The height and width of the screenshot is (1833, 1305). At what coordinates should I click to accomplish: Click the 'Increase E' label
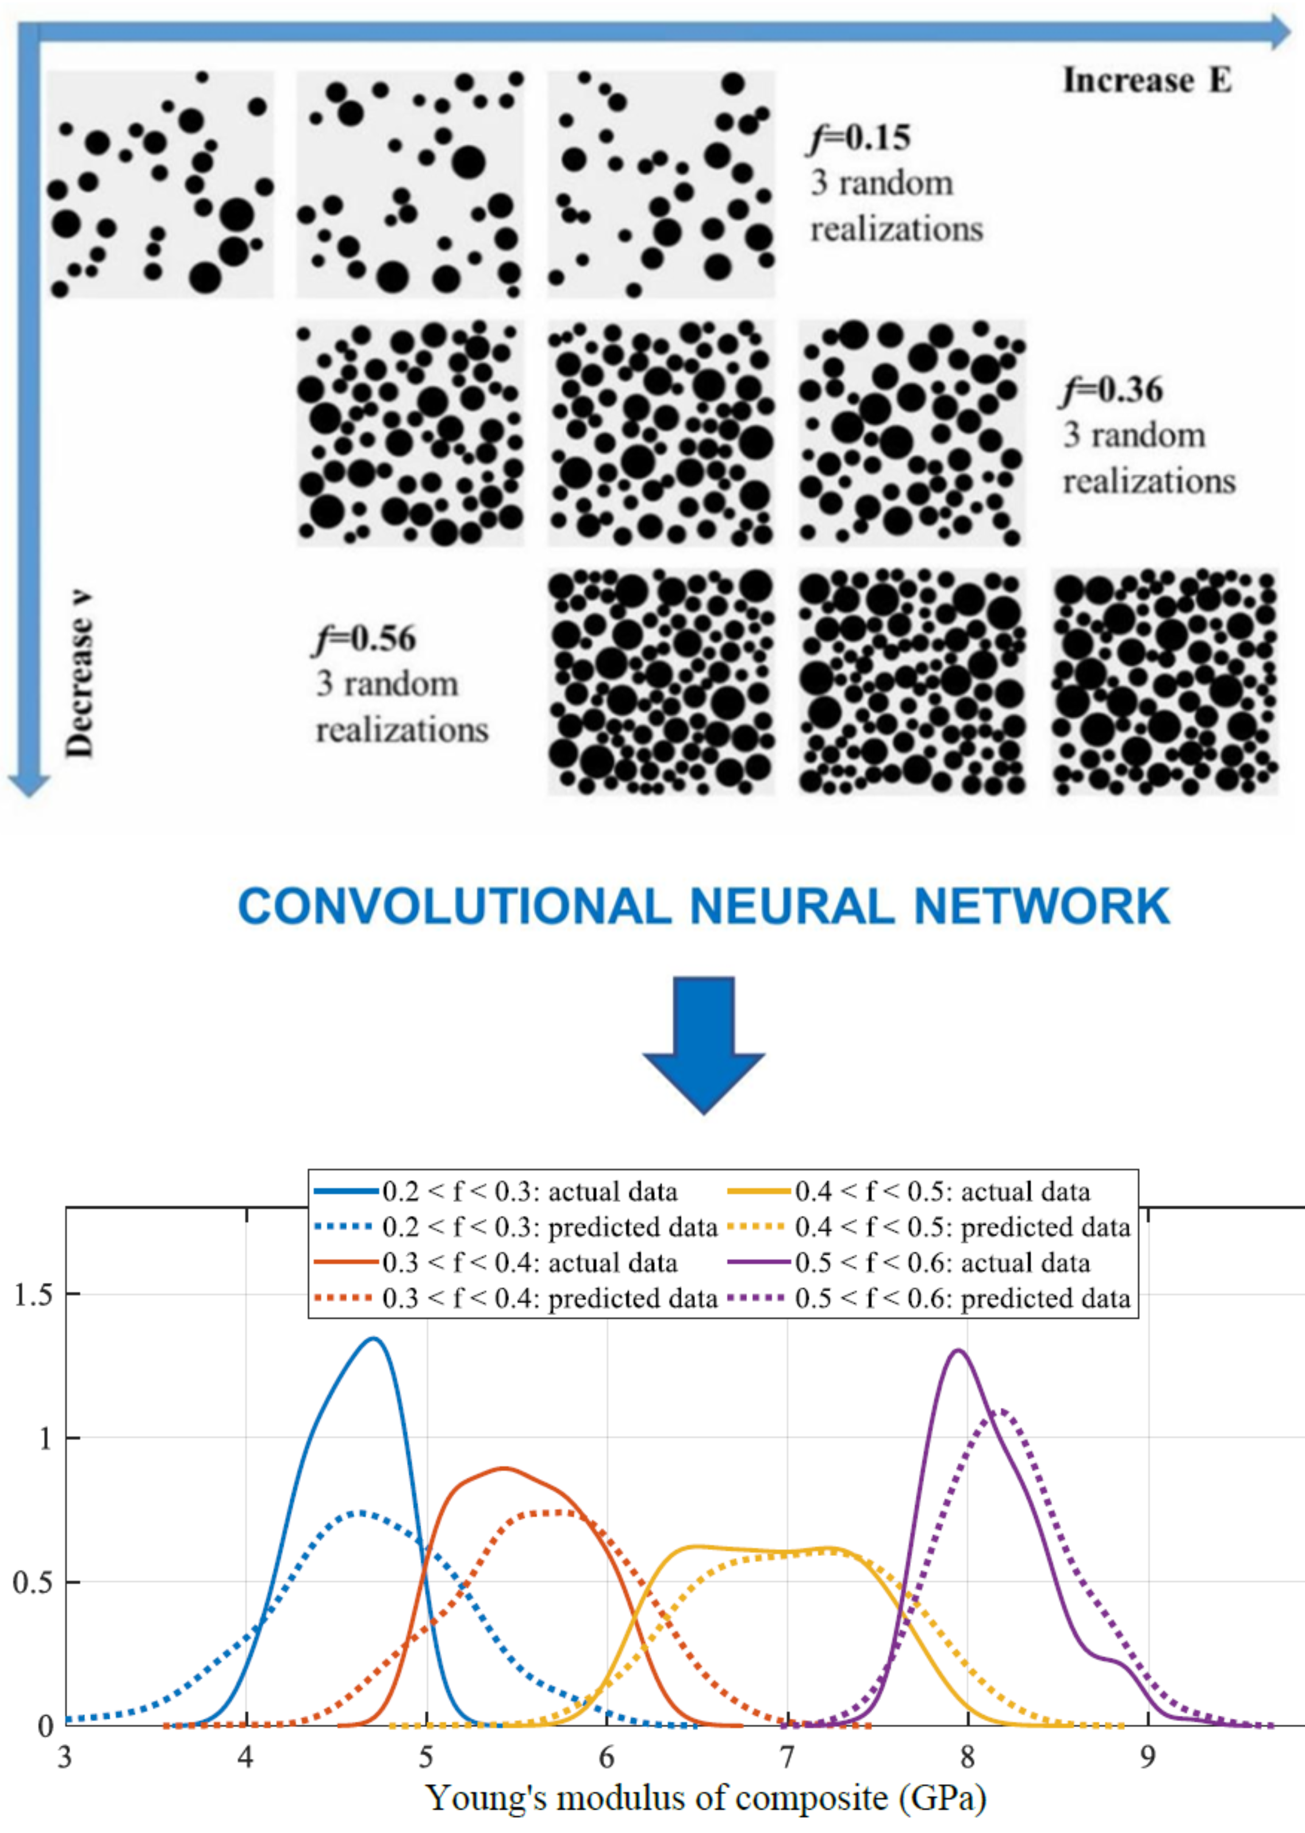pyautogui.click(x=1147, y=80)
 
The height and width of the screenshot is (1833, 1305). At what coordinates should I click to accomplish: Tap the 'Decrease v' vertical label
pyautogui.click(x=79, y=675)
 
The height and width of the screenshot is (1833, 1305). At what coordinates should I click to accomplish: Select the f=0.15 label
pyautogui.click(x=859, y=138)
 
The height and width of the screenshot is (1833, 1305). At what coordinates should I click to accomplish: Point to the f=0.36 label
pyautogui.click(x=1112, y=390)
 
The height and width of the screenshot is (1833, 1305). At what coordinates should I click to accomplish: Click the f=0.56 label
pyautogui.click(x=366, y=639)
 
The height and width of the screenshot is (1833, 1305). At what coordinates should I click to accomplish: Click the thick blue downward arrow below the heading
pyautogui.click(x=704, y=1044)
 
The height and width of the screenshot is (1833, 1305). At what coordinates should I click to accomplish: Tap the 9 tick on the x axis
pyautogui.click(x=1147, y=1758)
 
